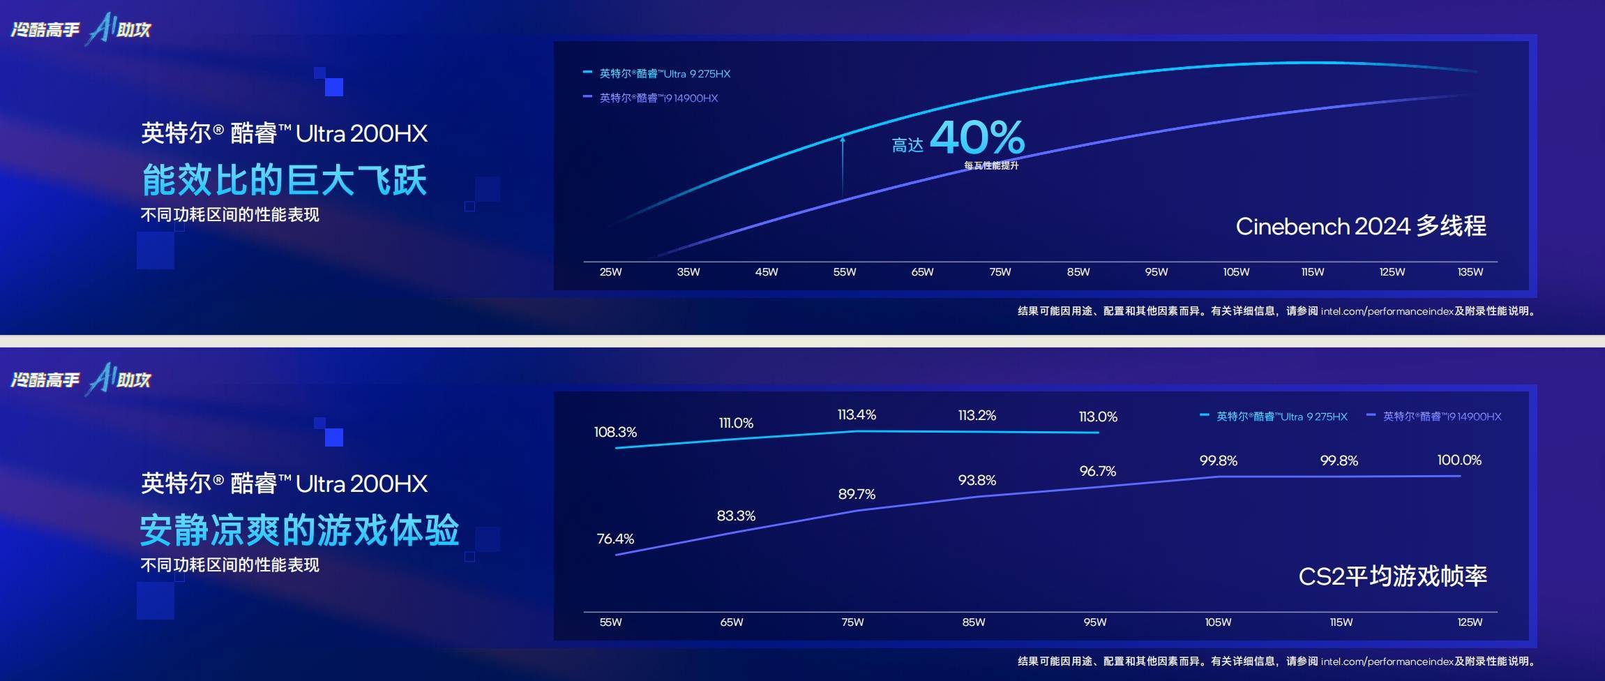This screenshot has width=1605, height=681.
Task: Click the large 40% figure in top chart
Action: pyautogui.click(x=977, y=137)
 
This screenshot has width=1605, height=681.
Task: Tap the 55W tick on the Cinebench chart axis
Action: pyautogui.click(x=844, y=272)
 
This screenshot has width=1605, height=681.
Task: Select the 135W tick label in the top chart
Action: pyautogui.click(x=1470, y=272)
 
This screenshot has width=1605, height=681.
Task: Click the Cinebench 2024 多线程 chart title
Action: pyautogui.click(x=1360, y=226)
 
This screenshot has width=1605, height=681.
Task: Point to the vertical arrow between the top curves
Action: pyautogui.click(x=843, y=165)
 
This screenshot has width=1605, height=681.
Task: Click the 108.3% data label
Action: pyautogui.click(x=615, y=432)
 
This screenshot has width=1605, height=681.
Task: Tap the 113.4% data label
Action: pyautogui.click(x=857, y=414)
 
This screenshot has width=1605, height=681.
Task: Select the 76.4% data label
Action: pyautogui.click(x=615, y=539)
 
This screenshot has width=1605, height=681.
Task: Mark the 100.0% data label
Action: pyautogui.click(x=1459, y=460)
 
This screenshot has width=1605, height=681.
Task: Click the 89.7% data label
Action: pyautogui.click(x=857, y=494)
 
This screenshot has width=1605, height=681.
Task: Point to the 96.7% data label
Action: pyautogui.click(x=1097, y=471)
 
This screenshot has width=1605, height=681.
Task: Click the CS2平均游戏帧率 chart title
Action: pyautogui.click(x=1392, y=576)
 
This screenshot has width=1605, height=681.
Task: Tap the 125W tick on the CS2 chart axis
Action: pyautogui.click(x=1470, y=622)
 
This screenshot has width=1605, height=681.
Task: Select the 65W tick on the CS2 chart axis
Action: pyautogui.click(x=732, y=622)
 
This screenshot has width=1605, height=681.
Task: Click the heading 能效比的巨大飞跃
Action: pyautogui.click(x=284, y=180)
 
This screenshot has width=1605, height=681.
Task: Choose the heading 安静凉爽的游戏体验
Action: pyautogui.click(x=299, y=530)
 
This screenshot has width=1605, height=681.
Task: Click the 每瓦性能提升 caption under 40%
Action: pyautogui.click(x=991, y=165)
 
